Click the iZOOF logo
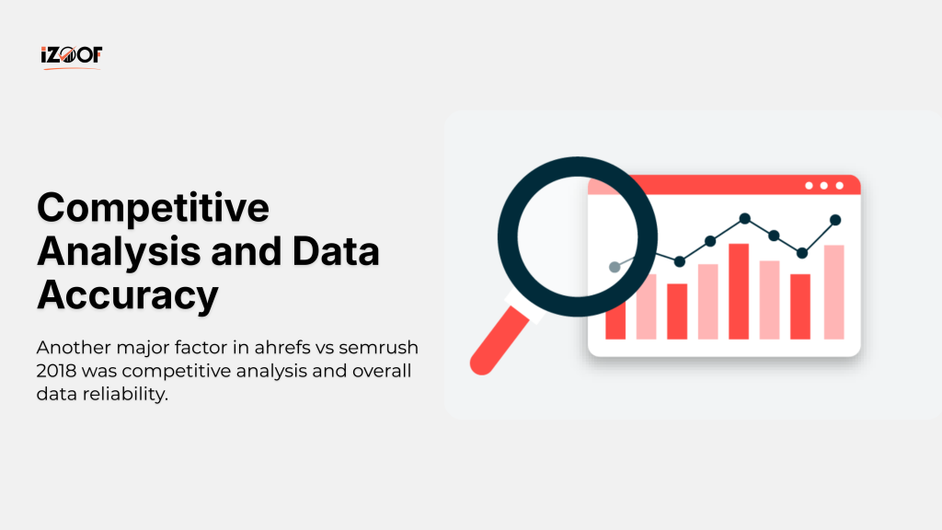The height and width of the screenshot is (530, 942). [x=71, y=56]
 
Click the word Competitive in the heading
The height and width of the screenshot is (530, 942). [x=153, y=208]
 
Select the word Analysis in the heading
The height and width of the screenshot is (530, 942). [x=114, y=252]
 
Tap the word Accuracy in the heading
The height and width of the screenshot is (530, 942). [x=127, y=295]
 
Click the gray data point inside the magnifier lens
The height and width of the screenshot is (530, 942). [x=615, y=267]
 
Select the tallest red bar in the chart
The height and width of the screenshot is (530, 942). [x=739, y=291]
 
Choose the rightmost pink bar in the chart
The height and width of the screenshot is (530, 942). [x=834, y=292]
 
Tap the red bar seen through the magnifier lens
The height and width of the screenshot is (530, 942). [x=615, y=309]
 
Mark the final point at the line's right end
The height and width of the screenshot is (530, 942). [x=835, y=220]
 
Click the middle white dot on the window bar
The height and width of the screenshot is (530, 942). [x=823, y=186]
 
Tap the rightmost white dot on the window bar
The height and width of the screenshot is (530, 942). [x=839, y=186]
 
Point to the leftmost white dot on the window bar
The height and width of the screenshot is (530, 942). [x=809, y=186]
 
